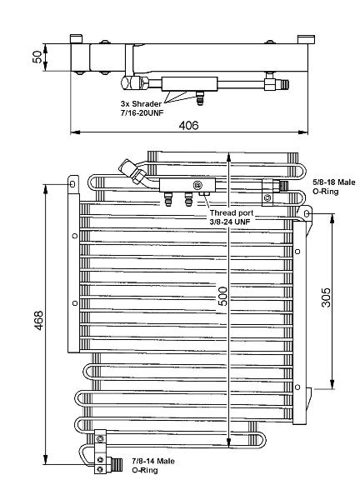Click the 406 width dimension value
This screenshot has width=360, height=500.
188,125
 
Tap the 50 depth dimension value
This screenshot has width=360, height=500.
37,57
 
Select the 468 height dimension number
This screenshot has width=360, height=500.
38,320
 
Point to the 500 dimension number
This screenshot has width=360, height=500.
222,296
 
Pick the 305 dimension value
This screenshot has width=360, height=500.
326,297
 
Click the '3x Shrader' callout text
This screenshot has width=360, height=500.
141,103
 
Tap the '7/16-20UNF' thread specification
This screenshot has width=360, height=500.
142,112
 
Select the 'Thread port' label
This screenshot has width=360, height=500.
232,212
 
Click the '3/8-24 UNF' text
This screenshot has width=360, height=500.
230,222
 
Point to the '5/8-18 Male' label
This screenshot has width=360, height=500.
334,182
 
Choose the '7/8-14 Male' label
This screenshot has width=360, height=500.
153,461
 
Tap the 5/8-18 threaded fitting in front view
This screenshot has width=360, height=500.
284,185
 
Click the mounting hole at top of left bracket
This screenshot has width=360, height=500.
72,184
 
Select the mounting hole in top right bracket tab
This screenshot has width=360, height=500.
307,213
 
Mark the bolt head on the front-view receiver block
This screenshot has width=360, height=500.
197,185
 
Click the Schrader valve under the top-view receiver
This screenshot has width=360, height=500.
200,97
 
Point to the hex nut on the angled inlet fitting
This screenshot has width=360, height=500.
139,176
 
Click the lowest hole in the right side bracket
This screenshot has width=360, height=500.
297,387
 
